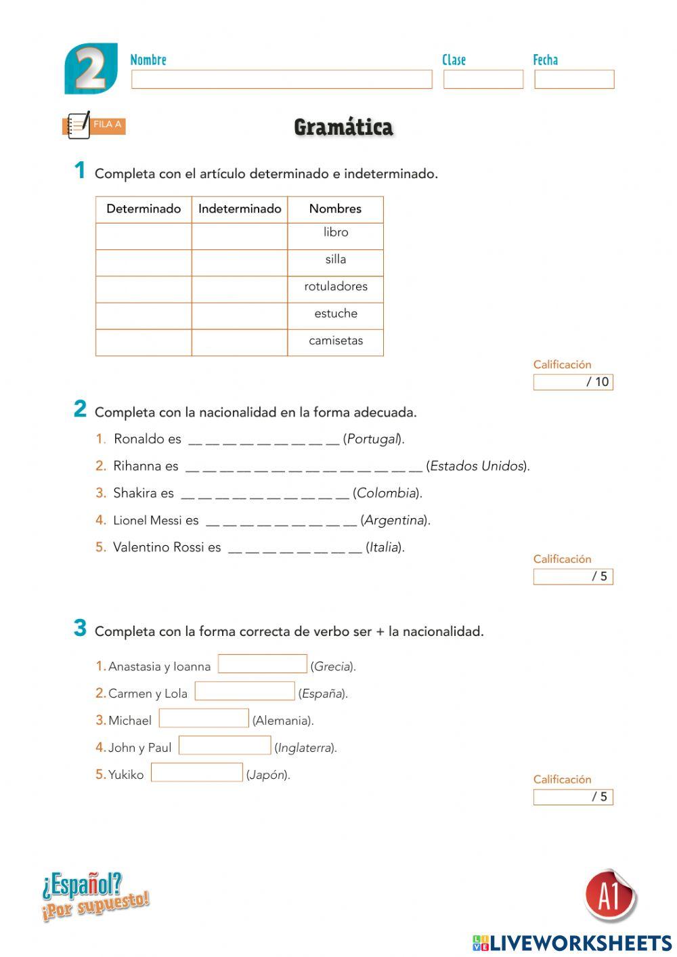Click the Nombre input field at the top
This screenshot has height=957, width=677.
pos(282,79)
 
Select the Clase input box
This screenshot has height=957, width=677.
pos(483,79)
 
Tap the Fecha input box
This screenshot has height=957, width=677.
pos(574,79)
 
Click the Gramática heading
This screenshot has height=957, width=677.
pos(343,127)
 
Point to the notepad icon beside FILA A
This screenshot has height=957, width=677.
pos(79,125)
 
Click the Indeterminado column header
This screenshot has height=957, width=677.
pos(240,209)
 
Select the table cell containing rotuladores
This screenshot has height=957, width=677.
pos(336,286)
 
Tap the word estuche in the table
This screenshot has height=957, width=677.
pos(336,314)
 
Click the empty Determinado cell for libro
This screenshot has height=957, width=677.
pos(144,236)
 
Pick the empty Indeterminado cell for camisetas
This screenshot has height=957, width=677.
pos(240,342)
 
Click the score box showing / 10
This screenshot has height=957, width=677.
pos(573,382)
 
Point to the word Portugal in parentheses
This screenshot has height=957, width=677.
pos(373,439)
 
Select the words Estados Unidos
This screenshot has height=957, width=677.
pos(477,466)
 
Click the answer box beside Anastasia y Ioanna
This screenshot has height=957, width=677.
pos(263,664)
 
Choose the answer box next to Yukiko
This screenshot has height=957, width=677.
pos(196,772)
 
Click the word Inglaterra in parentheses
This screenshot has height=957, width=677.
pos(305,748)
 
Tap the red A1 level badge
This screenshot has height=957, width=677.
pos(609,896)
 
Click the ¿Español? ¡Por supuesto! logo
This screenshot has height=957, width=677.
pos(95,896)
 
